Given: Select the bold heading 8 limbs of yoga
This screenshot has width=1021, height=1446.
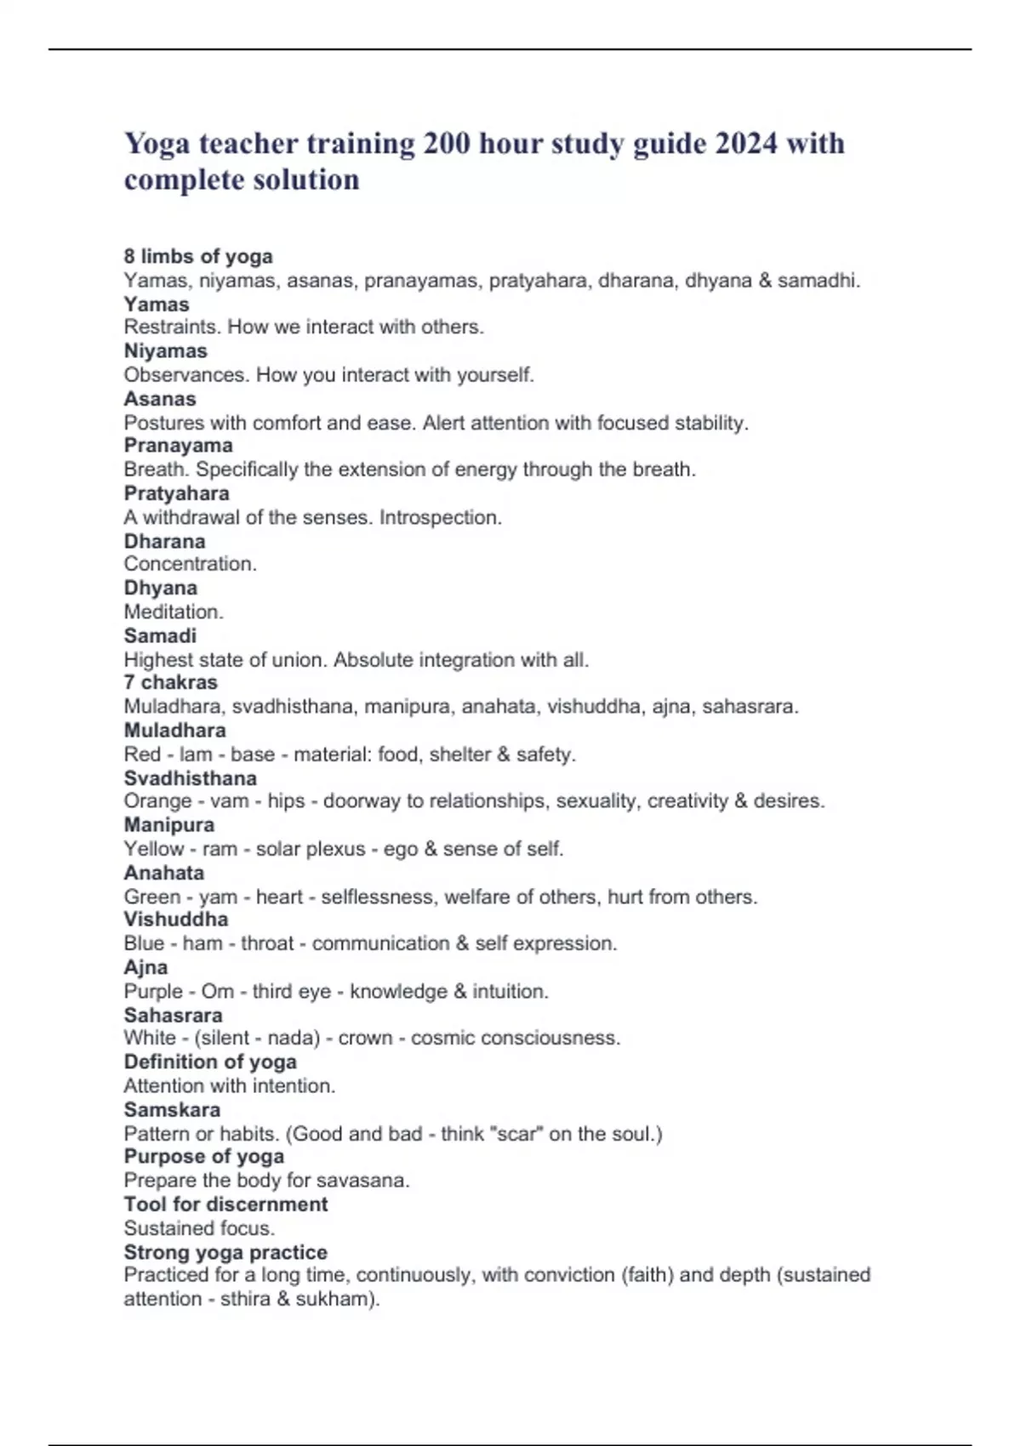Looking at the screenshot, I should pos(198,256).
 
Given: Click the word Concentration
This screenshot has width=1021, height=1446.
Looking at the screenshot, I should pos(190,564).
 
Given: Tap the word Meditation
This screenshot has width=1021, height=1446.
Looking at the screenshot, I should pos(174,612).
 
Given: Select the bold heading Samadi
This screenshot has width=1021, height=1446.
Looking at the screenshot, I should pos(160,635).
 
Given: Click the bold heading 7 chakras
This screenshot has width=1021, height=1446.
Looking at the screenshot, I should pos(170,682).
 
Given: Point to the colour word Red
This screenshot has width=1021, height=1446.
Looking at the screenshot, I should pos(142,754).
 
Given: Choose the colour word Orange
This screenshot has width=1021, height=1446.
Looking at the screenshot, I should pos(157,801).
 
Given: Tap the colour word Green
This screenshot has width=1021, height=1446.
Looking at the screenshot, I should pos(152,897).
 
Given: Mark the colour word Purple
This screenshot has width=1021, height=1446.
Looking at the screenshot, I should pos(153,992).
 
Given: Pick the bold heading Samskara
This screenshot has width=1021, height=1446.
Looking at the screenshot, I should pos(172,1110).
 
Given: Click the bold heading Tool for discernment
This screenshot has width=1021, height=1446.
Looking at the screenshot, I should pos(225,1204).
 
